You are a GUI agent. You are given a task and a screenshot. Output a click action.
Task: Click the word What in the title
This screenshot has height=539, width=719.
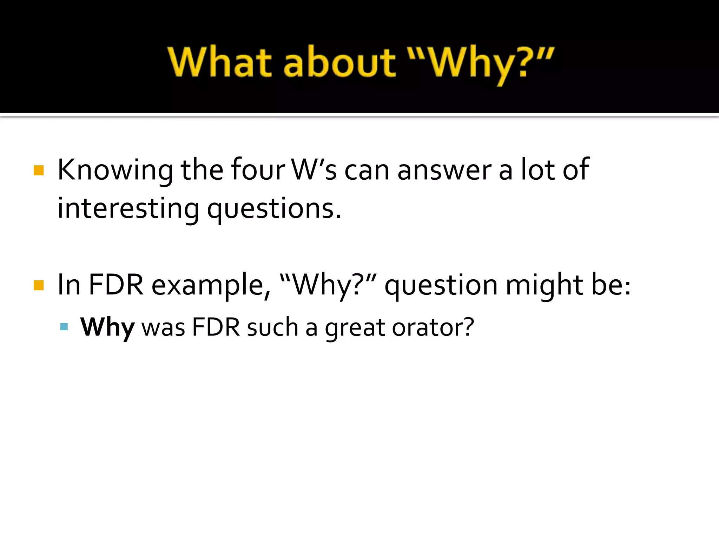[219, 62]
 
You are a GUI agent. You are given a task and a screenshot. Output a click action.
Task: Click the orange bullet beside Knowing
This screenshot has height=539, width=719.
[39, 171]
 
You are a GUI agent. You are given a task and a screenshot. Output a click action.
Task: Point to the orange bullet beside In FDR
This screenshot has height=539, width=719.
[39, 285]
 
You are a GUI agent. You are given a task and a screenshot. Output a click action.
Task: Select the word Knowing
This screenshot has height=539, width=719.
[115, 171]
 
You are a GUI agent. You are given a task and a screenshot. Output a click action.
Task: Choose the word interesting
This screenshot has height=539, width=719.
[128, 209]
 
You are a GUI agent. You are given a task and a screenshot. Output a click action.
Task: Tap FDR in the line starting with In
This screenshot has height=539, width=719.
[116, 285]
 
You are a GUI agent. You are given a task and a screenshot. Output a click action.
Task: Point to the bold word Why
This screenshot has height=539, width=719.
[107, 327]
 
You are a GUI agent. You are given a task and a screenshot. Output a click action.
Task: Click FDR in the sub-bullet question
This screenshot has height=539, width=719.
[216, 327]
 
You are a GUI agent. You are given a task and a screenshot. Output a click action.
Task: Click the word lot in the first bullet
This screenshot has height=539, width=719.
[538, 170]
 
